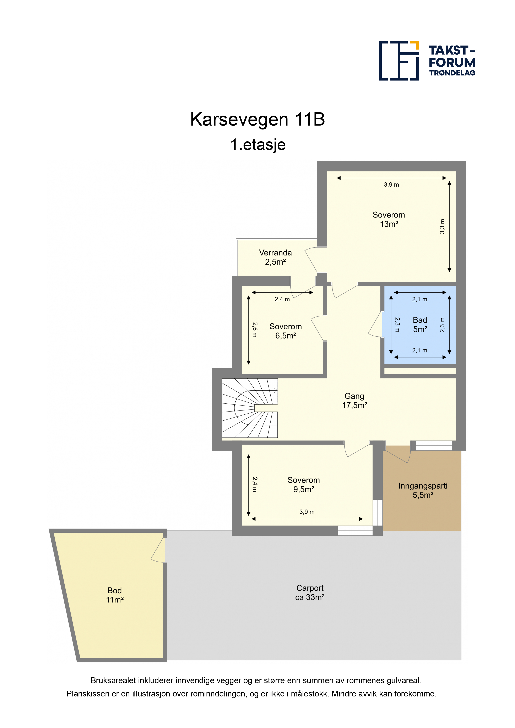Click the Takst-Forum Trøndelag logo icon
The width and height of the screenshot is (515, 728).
click(399, 61)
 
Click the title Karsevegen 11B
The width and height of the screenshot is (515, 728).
click(257, 120)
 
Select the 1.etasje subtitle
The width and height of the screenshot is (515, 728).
click(258, 145)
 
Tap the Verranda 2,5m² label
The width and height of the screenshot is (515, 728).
click(275, 257)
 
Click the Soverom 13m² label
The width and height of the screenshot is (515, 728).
click(389, 219)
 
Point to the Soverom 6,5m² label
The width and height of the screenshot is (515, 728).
click(286, 331)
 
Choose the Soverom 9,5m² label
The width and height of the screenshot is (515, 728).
click(304, 485)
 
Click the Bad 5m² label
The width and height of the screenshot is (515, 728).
click(420, 325)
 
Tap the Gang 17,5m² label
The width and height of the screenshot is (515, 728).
click(354, 401)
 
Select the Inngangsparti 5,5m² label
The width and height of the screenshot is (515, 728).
click(423, 490)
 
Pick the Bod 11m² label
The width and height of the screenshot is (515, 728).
click(115, 595)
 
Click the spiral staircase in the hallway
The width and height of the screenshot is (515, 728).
click(250, 408)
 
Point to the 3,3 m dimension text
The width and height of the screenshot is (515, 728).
click(442, 226)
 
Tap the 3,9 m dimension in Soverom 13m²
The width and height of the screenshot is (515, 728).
click(391, 184)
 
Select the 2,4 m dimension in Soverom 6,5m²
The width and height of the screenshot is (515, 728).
click(282, 299)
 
